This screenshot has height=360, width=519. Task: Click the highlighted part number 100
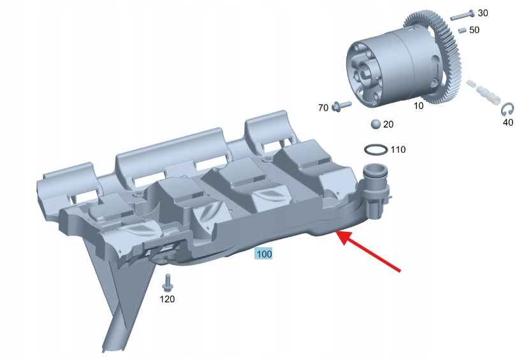pyautogui.click(x=264, y=254)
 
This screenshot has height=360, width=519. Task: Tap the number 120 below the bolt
pyautogui.click(x=167, y=299)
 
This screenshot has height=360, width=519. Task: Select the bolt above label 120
pyautogui.click(x=167, y=282)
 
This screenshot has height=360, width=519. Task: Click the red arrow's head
pyautogui.click(x=344, y=237)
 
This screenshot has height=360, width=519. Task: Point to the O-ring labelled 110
pyautogui.click(x=376, y=149)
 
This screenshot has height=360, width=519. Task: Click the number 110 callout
pyautogui.click(x=398, y=150)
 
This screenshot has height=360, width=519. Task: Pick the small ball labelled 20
pyautogui.click(x=376, y=124)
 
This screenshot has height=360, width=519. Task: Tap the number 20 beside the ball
pyautogui.click(x=388, y=124)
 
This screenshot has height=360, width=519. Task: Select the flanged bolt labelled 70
pyautogui.click(x=341, y=106)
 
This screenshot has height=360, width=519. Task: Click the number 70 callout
pyautogui.click(x=323, y=108)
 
